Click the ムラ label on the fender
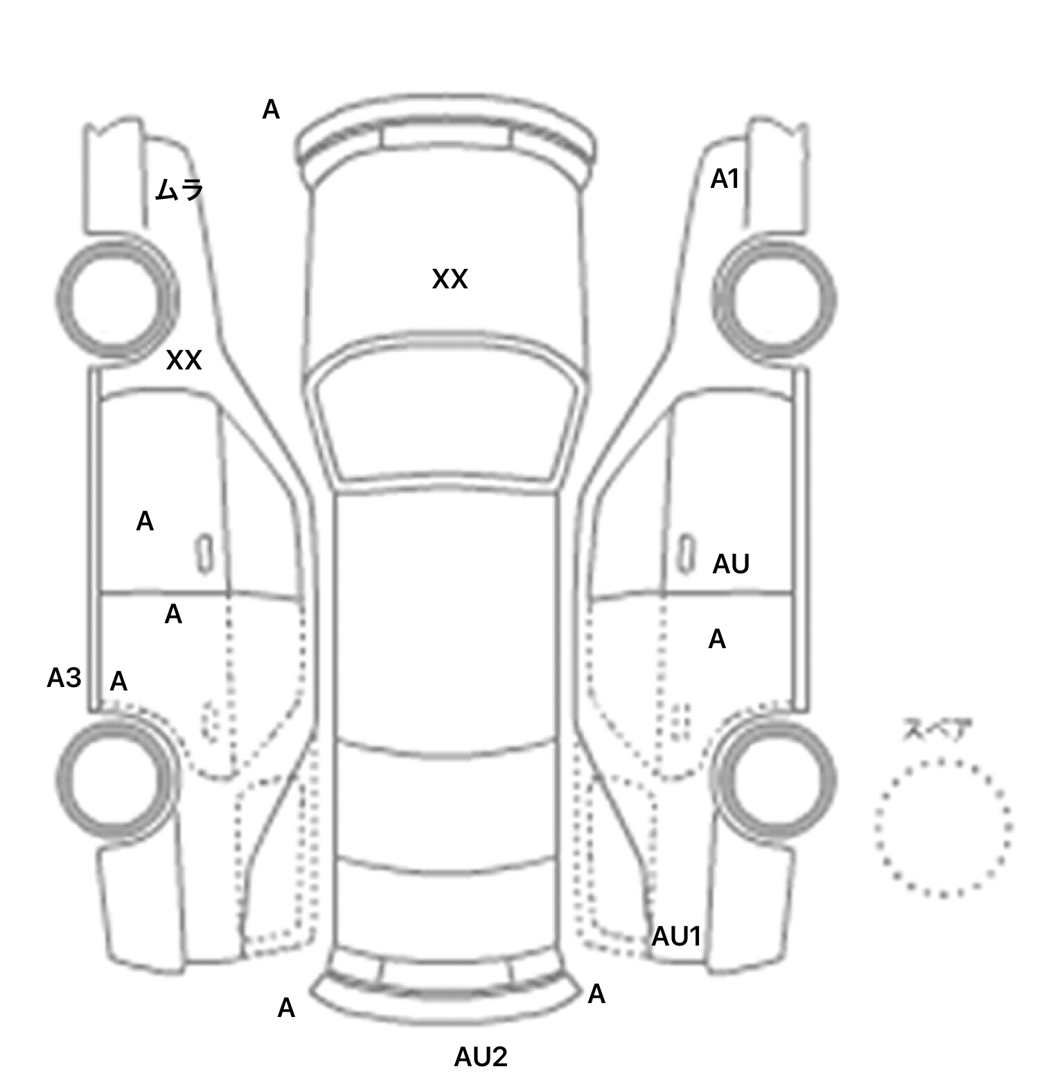tap(179, 189)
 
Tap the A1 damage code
tap(725, 180)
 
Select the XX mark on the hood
tap(450, 279)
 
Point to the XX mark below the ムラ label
tap(184, 360)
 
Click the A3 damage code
tap(64, 678)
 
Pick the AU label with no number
tap(731, 564)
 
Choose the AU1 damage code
tap(677, 937)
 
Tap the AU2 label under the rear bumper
tap(481, 1057)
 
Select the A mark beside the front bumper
tap(271, 110)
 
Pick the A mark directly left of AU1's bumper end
tap(596, 995)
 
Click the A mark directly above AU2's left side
tap(286, 1008)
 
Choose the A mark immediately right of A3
tap(118, 682)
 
